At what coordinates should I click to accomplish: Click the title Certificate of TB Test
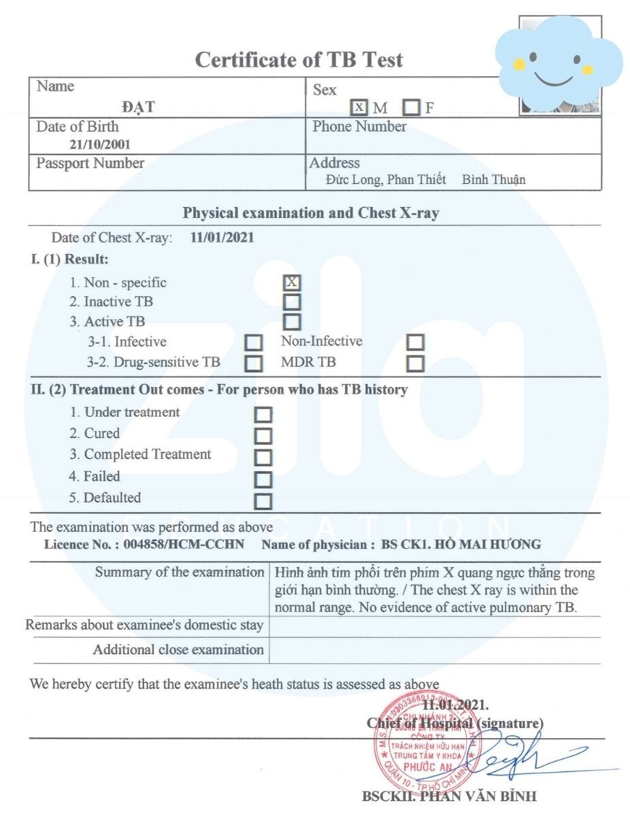click(299, 60)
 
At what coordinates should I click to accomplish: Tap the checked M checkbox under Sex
click(359, 108)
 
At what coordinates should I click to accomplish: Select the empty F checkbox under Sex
click(411, 108)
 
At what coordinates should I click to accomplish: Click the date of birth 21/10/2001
click(100, 144)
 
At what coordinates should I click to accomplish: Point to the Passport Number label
click(90, 163)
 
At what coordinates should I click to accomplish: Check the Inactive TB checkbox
click(292, 302)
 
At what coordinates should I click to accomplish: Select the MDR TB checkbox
click(415, 364)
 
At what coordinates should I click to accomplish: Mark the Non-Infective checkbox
click(415, 342)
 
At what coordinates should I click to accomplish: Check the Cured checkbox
click(263, 436)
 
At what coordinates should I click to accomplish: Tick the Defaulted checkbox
click(263, 502)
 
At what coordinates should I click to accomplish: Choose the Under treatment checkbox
click(263, 415)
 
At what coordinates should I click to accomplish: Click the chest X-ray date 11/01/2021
click(222, 238)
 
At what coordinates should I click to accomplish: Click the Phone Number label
click(359, 127)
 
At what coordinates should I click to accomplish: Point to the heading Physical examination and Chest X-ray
click(311, 213)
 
